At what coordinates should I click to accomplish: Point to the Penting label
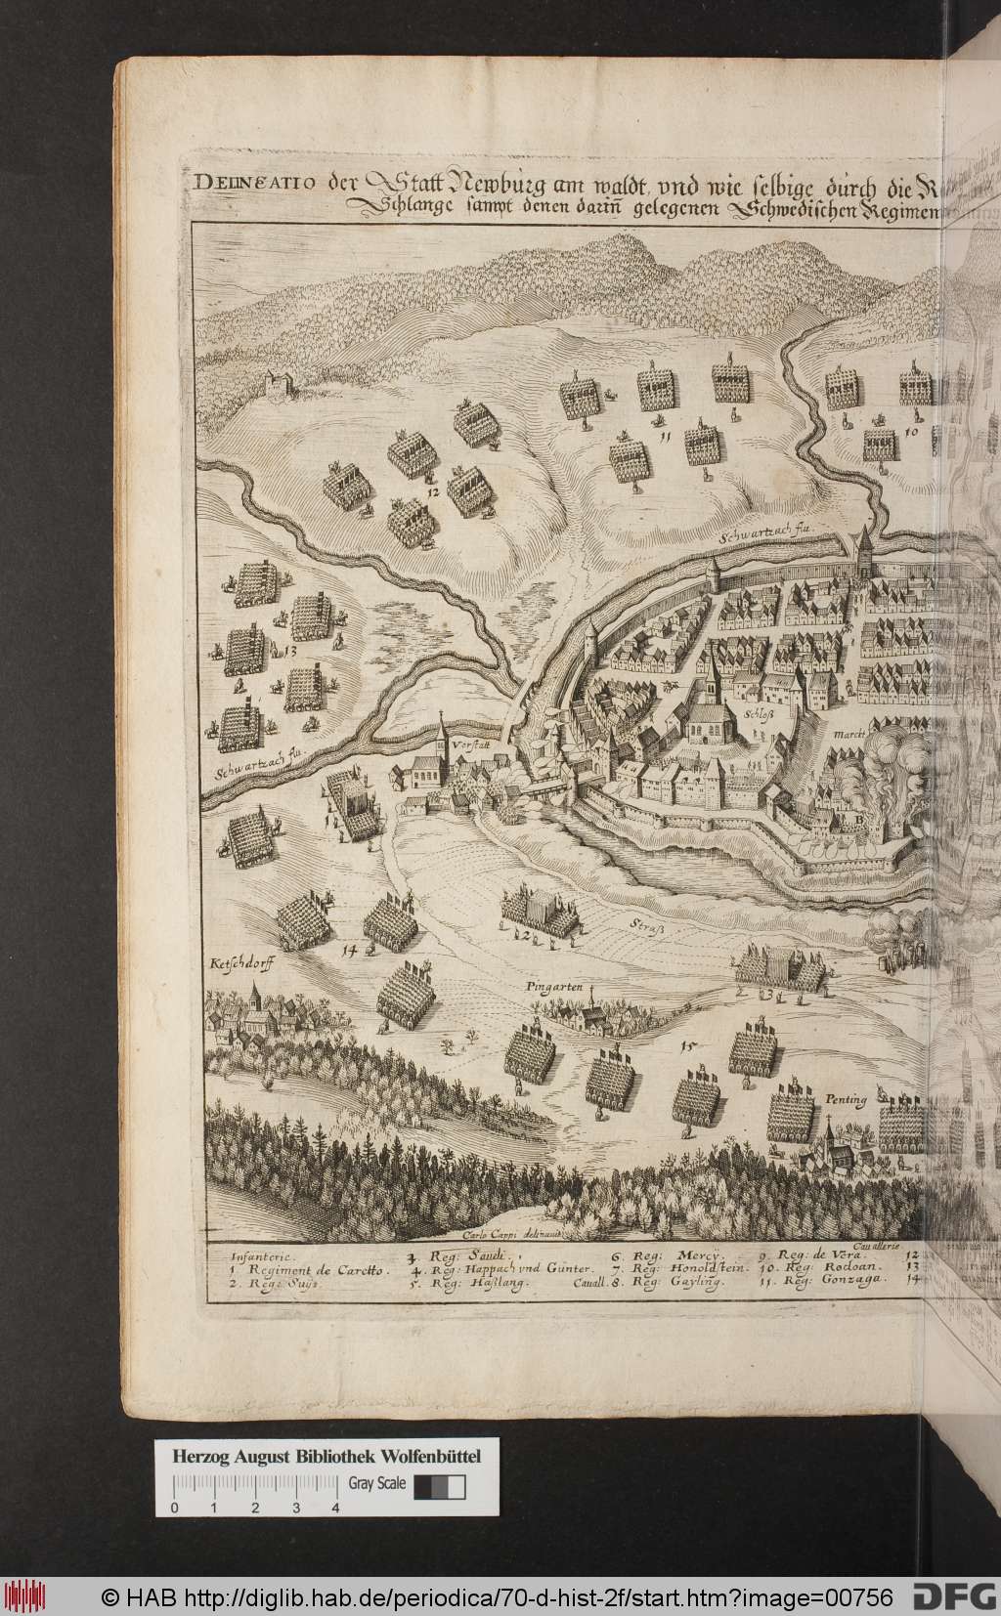pyautogui.click(x=844, y=1100)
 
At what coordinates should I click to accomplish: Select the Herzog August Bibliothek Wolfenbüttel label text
pyautogui.click(x=326, y=1375)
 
